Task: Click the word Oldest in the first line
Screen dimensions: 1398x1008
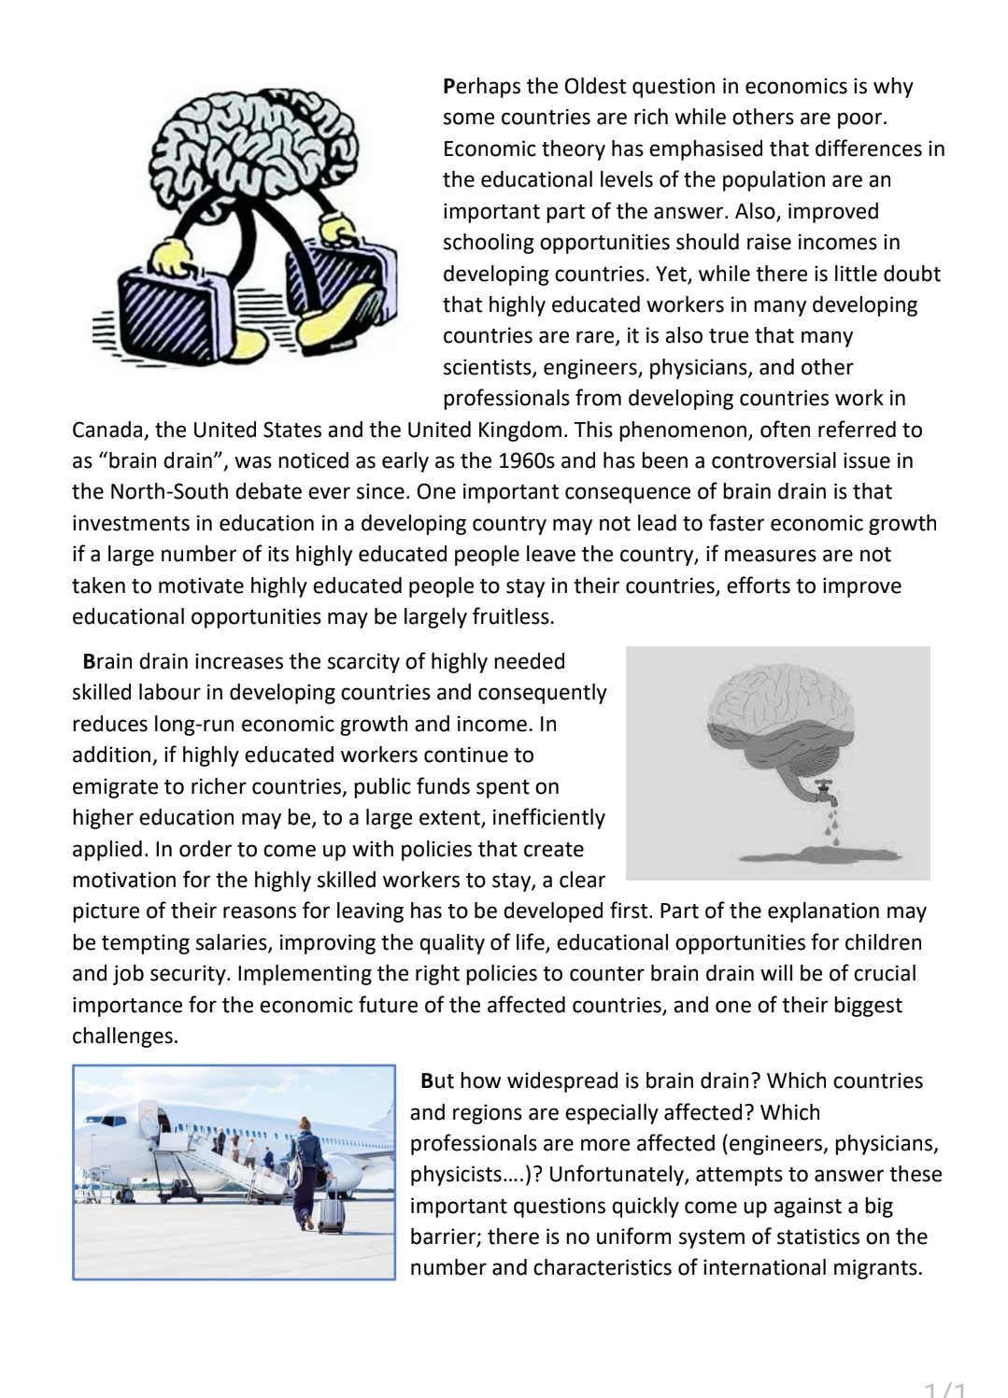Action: pos(594,87)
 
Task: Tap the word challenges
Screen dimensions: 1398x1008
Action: pos(124,1036)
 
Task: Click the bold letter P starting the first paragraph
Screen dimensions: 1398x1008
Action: pos(448,87)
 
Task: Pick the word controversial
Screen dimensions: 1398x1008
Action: pos(752,460)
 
